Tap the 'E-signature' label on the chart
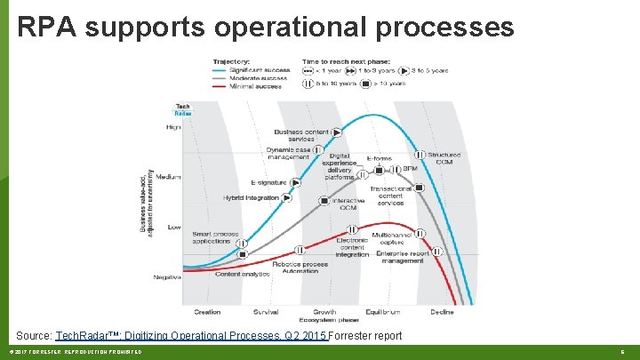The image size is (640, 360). coord(269,182)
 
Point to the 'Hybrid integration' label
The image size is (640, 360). coord(251,197)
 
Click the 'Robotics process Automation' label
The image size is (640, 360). coord(300,268)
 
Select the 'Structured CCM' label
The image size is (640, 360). coord(444,159)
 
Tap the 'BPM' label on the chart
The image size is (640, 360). coord(410,168)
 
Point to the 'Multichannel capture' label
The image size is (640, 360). coord(391,237)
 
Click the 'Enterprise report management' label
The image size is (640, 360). coord(402,257)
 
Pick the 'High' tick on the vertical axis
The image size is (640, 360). coord(173,127)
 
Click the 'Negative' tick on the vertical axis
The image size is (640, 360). coord(166,277)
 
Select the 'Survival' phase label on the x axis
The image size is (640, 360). coord(265,312)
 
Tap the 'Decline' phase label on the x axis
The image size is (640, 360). coord(442,312)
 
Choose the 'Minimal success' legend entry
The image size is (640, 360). coord(259,86)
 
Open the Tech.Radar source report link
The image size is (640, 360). coord(191,336)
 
